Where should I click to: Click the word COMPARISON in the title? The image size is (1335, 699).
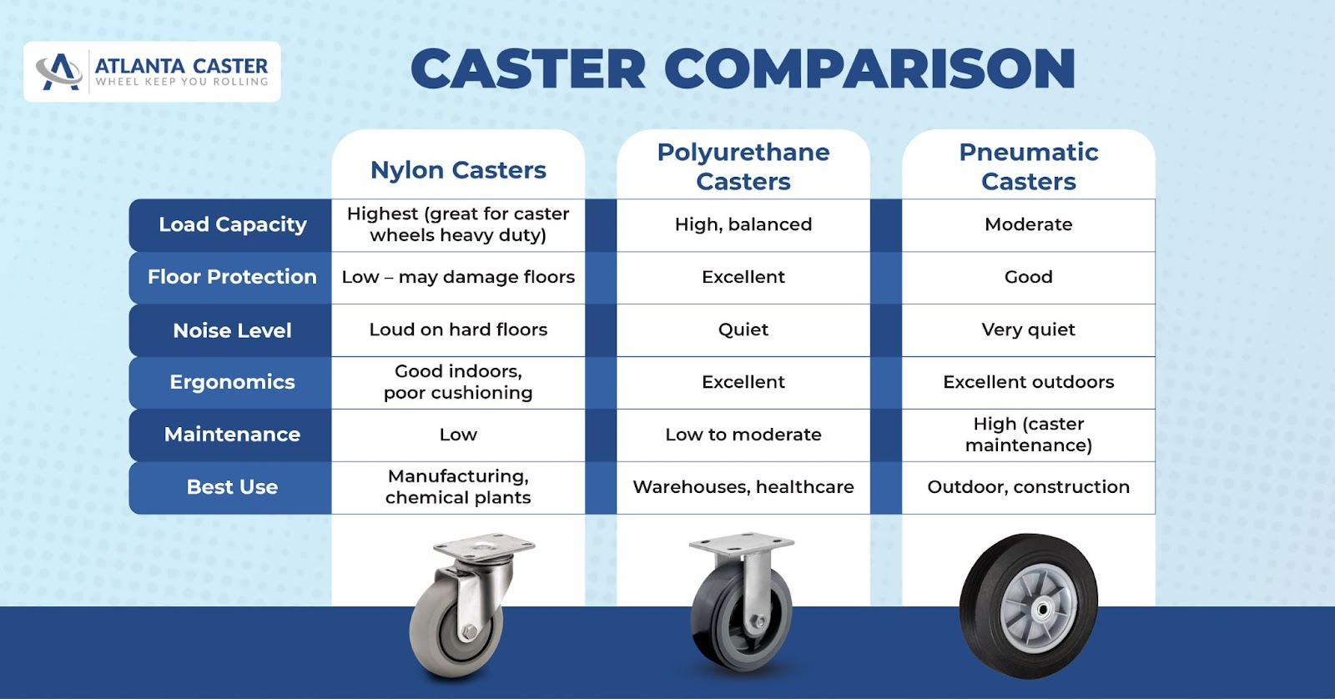click(869, 69)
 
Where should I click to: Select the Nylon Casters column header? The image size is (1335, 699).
click(458, 170)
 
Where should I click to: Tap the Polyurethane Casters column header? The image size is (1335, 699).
click(743, 167)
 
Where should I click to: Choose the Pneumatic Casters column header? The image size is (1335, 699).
click(1029, 167)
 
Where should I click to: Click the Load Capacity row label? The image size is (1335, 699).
click(233, 224)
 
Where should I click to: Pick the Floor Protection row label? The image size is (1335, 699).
click(232, 277)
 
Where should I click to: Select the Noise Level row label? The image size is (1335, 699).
click(233, 330)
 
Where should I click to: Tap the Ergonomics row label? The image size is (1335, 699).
click(233, 382)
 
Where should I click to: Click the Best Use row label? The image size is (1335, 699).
click(233, 487)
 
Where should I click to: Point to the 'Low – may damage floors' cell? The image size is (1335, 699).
click(458, 277)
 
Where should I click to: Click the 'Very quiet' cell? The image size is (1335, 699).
click(1029, 330)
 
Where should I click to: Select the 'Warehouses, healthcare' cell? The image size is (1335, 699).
click(743, 487)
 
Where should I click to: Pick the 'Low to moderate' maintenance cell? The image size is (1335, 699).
click(743, 435)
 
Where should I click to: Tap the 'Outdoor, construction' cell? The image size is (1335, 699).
click(1029, 487)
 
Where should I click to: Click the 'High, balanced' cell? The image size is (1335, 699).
click(743, 224)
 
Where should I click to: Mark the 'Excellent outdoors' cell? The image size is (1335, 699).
click(1029, 382)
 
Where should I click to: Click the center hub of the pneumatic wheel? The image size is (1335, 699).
click(1042, 610)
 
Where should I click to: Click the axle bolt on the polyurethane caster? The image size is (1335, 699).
click(759, 621)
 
